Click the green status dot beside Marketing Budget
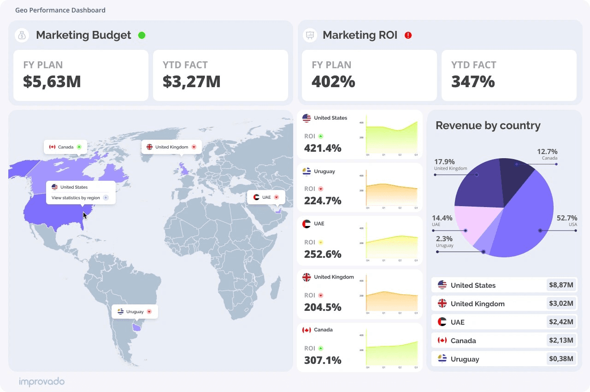click(x=142, y=35)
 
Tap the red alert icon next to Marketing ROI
click(x=408, y=35)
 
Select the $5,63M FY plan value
click(x=52, y=81)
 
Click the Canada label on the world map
click(x=65, y=147)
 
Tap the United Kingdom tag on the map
click(x=171, y=147)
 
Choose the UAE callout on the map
click(x=266, y=197)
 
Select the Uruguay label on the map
click(x=135, y=312)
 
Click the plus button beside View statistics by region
click(x=106, y=198)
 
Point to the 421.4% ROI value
click(x=323, y=148)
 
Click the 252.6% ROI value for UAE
click(x=323, y=254)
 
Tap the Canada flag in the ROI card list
click(x=307, y=330)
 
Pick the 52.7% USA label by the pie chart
click(x=566, y=220)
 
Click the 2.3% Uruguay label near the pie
click(x=444, y=241)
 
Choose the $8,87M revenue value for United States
click(x=561, y=285)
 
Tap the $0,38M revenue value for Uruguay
click(x=561, y=359)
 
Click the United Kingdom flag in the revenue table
click(x=442, y=303)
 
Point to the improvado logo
click(x=42, y=381)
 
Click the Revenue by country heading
click(x=488, y=125)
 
